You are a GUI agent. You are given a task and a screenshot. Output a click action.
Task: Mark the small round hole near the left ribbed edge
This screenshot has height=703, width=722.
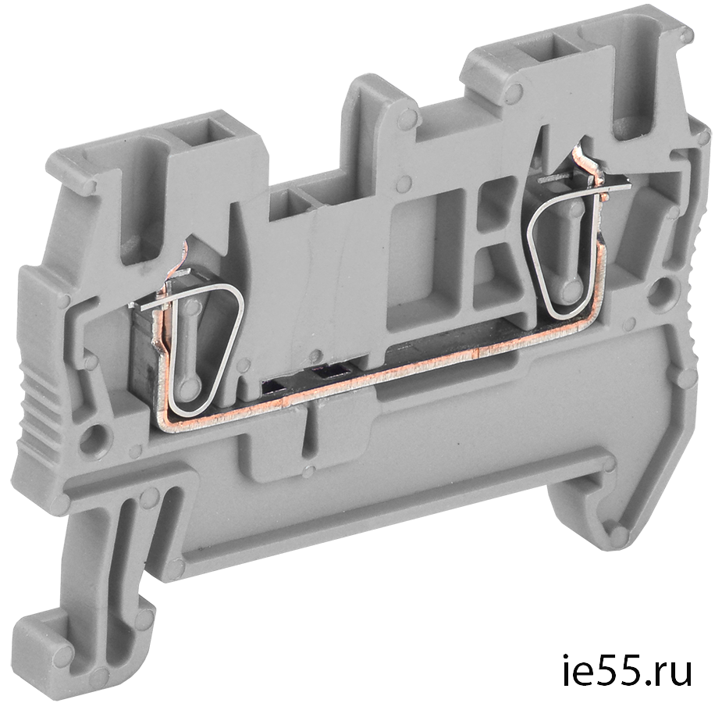coord(95,433)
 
